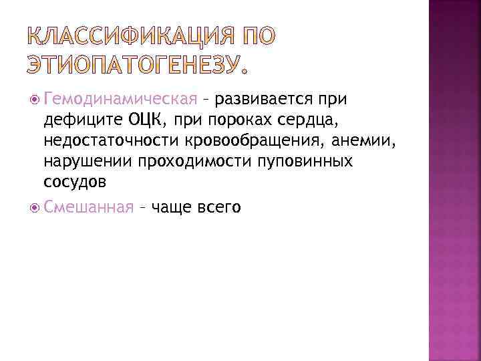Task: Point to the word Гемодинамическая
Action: (121, 100)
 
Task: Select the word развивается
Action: (261, 100)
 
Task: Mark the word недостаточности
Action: (106, 141)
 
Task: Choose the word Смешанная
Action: (89, 208)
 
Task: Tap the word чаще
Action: (172, 208)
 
